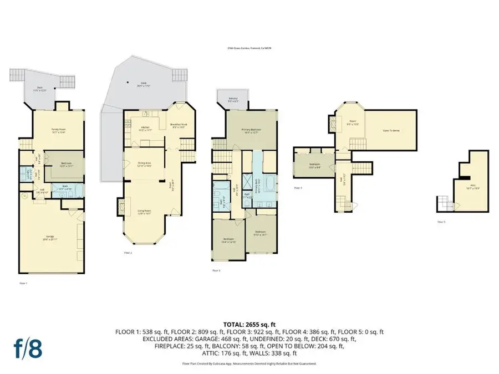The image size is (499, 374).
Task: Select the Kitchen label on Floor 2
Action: [x=146, y=129]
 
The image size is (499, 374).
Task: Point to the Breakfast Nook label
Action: [x=179, y=125]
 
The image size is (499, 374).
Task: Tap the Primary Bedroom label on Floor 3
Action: [x=251, y=131]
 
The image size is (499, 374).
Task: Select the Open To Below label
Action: [x=391, y=131]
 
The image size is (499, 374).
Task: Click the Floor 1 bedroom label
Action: [x=64, y=164]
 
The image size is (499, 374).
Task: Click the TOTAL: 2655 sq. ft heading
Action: [x=249, y=324]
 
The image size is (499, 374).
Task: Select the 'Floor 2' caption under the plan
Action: [x=128, y=252]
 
